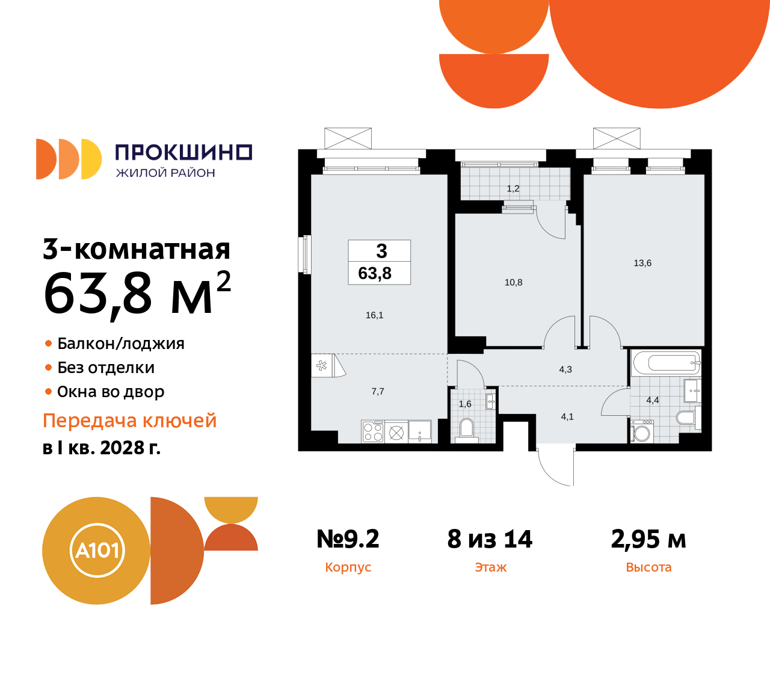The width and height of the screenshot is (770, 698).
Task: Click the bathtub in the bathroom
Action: [x=666, y=363]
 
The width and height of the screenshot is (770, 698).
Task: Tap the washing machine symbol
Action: [x=642, y=431]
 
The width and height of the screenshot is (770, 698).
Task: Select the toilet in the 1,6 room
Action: [x=466, y=429]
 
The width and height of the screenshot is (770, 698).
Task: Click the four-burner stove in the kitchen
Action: [x=373, y=431]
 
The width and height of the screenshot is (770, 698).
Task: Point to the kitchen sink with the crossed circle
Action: [x=396, y=432]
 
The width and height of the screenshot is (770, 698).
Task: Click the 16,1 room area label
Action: [x=374, y=315]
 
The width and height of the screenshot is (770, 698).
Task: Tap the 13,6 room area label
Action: [x=642, y=263]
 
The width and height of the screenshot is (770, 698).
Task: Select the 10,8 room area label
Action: [x=513, y=282]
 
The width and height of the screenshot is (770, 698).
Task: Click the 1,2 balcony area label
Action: [x=513, y=188]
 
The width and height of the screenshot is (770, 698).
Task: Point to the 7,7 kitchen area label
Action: [x=378, y=391]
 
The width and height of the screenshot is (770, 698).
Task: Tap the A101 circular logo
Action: [x=97, y=550]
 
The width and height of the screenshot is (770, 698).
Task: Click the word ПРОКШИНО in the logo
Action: [x=183, y=152]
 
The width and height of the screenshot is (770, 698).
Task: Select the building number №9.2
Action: [x=348, y=539]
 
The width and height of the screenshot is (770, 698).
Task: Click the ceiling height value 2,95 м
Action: [x=648, y=539]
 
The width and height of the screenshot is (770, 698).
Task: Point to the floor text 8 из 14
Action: [x=490, y=539]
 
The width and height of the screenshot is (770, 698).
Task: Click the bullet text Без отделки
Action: [x=106, y=368]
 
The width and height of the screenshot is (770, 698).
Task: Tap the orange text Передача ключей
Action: [x=129, y=421]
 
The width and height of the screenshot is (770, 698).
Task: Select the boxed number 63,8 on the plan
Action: [x=375, y=273]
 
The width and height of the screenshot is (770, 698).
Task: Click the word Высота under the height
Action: [x=648, y=567]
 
